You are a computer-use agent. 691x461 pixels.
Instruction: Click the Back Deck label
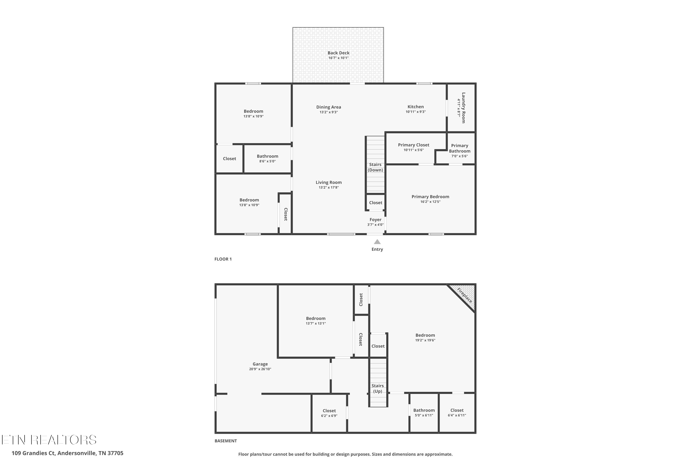pyautogui.click(x=338, y=53)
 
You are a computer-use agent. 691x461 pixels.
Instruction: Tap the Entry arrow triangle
pyautogui.click(x=377, y=242)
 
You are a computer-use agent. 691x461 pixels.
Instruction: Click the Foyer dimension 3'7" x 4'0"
pyautogui.click(x=375, y=225)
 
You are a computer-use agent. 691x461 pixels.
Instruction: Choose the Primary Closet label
pyautogui.click(x=414, y=145)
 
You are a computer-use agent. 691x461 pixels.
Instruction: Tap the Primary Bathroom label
pyautogui.click(x=460, y=148)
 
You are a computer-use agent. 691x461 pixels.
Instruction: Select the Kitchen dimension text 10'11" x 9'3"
pyautogui.click(x=416, y=112)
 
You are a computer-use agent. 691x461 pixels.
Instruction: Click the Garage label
pyautogui.click(x=260, y=364)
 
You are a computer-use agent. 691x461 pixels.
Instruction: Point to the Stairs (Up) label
pyautogui.click(x=378, y=388)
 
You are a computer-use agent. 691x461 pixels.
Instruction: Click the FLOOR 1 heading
pyautogui.click(x=223, y=259)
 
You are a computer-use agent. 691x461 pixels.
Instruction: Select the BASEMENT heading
pyautogui.click(x=226, y=441)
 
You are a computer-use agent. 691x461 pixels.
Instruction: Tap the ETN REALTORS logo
pyautogui.click(x=49, y=440)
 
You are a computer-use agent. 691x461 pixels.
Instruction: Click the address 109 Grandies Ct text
pyautogui.click(x=33, y=453)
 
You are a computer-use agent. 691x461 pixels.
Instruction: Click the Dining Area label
pyautogui.click(x=328, y=107)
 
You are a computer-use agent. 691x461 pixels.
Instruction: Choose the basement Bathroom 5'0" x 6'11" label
pyautogui.click(x=424, y=413)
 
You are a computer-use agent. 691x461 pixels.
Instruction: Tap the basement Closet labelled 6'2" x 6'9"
pyautogui.click(x=329, y=413)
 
